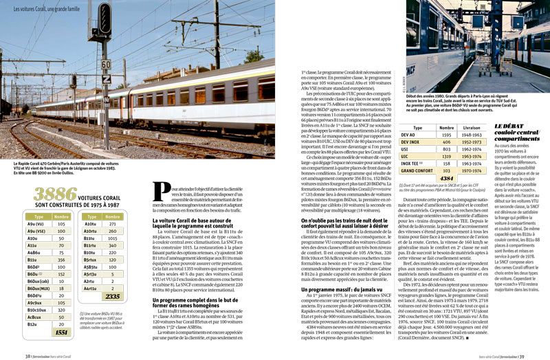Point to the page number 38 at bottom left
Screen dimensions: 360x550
27,355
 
